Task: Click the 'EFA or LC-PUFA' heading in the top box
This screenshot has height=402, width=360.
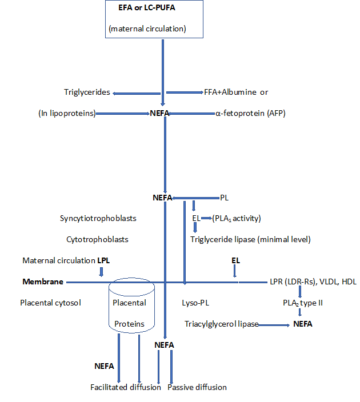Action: pos(154,11)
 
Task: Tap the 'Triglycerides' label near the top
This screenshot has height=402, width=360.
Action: pos(87,93)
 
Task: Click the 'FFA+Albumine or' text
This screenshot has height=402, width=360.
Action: pos(236,92)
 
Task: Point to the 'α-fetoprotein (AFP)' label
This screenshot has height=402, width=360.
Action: pos(250,114)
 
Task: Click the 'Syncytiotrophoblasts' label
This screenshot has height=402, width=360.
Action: pos(98,218)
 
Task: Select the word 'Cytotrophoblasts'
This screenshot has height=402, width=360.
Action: pos(94,239)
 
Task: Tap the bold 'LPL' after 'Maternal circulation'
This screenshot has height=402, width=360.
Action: pos(103,260)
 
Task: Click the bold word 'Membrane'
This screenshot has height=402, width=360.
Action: pos(42,282)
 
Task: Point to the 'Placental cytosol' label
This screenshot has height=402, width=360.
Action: pos(50,303)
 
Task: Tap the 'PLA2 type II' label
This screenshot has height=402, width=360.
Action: pos(303,303)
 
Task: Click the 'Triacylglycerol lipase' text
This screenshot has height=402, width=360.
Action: pos(221,324)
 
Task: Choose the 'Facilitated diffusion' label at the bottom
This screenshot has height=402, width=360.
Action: pos(126,387)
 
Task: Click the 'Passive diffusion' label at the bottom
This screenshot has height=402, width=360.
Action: pos(197,387)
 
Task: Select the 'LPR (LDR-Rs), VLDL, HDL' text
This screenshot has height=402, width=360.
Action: pos(313,282)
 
